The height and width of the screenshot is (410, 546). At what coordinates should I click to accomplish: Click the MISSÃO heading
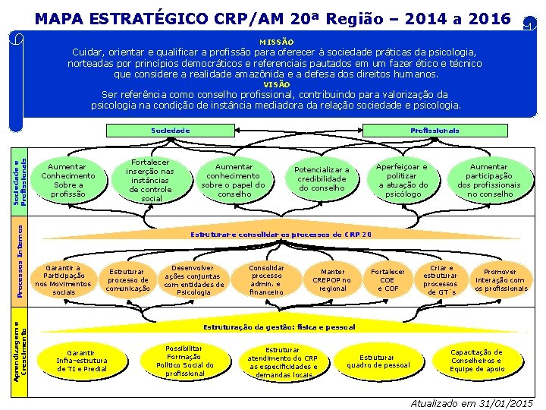tap(276, 42)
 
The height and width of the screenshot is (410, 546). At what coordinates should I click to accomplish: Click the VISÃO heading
tap(276, 85)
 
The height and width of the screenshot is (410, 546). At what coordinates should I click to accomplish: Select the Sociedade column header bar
tap(171, 131)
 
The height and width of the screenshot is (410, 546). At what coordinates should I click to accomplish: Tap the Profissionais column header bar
tap(435, 131)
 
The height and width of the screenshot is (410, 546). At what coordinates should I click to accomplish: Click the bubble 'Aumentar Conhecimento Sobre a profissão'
tap(68, 181)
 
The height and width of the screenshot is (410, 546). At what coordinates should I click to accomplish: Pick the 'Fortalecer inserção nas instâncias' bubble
tap(150, 181)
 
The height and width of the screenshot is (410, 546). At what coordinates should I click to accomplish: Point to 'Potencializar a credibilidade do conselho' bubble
tap(322, 180)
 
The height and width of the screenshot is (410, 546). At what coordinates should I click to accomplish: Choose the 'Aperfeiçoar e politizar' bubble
tap(403, 181)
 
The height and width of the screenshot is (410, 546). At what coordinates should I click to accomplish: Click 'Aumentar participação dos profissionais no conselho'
tap(489, 181)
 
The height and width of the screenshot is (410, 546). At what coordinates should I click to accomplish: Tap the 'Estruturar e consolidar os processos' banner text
tap(281, 235)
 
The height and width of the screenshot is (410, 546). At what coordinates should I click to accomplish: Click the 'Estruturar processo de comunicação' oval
tap(127, 280)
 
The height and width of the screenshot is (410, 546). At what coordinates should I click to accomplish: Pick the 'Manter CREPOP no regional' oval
tap(332, 280)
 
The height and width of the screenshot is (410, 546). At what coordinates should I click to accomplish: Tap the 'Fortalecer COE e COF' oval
tap(388, 280)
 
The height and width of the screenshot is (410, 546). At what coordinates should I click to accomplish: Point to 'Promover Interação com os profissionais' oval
tap(500, 280)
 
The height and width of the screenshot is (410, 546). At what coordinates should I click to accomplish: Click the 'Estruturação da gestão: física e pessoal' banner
tap(278, 327)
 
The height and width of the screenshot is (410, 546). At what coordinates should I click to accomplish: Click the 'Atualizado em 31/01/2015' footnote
tap(472, 403)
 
